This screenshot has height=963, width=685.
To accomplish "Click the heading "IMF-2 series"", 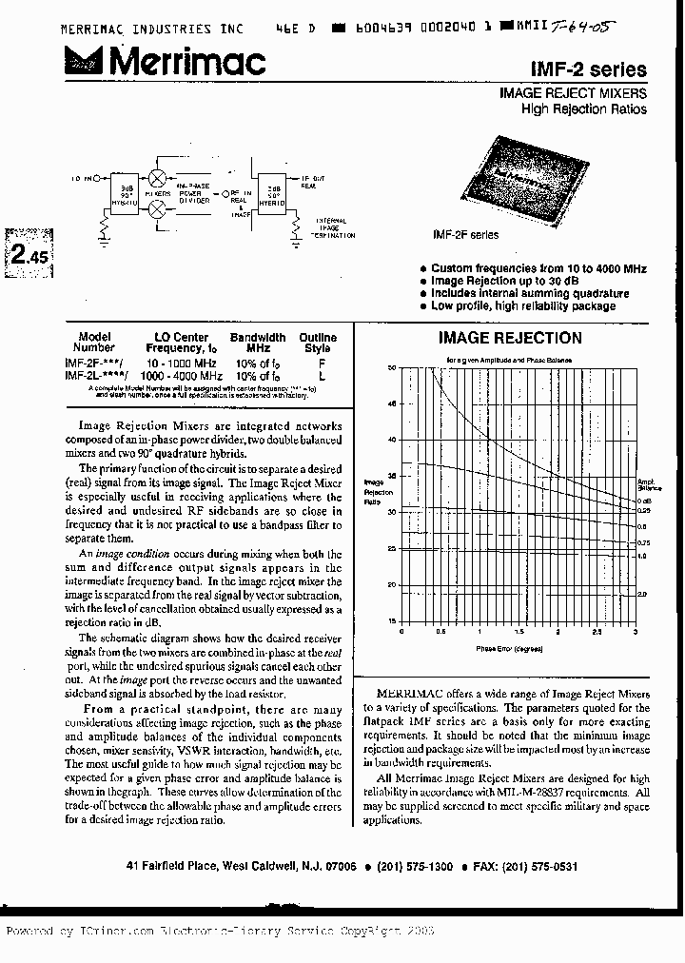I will pyautogui.click(x=601, y=69).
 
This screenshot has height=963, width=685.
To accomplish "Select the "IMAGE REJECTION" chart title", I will pyautogui.click(x=509, y=338).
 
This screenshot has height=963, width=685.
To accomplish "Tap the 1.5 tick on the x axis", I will pyautogui.click(x=519, y=631).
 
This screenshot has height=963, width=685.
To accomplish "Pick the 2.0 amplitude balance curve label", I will pyautogui.click(x=642, y=593).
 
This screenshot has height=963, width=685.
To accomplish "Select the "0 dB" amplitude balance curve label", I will pyautogui.click(x=643, y=501).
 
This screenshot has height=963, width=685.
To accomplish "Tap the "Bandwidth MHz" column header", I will pyautogui.click(x=258, y=344).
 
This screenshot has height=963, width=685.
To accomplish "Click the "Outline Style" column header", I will pyautogui.click(x=318, y=344).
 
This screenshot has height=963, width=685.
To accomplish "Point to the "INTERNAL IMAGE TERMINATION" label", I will pyautogui.click(x=333, y=228).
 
